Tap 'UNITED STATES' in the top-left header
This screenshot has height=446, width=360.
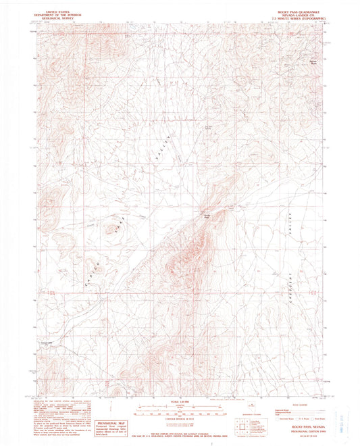(x=59, y=8)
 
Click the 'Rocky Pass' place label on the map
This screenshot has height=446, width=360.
(x=209, y=216)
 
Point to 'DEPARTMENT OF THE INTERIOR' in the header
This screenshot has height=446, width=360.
(x=59, y=11)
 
